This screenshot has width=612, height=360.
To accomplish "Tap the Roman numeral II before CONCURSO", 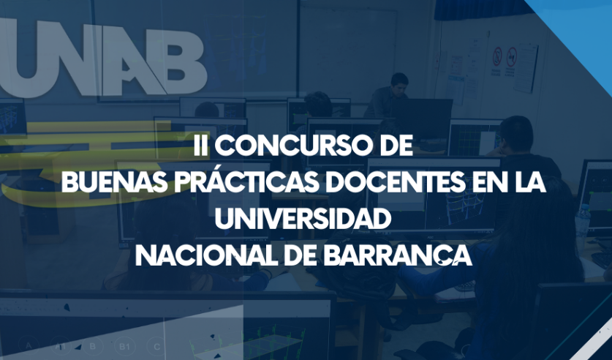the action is click(200, 146).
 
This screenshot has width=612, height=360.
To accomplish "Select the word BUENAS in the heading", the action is click(114, 182).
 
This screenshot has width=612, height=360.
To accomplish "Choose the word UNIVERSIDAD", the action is click(303, 219).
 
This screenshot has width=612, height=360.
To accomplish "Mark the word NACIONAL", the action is click(203, 255).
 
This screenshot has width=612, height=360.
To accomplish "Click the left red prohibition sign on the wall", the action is click(497, 56).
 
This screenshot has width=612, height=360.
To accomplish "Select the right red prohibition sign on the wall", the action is click(511, 57).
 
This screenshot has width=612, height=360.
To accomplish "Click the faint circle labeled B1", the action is click(124, 346).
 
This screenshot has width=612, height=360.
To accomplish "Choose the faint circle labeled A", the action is click(29, 345).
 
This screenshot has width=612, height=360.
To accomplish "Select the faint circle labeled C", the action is click(157, 346).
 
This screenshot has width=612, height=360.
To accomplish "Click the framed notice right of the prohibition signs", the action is click(526, 67).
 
